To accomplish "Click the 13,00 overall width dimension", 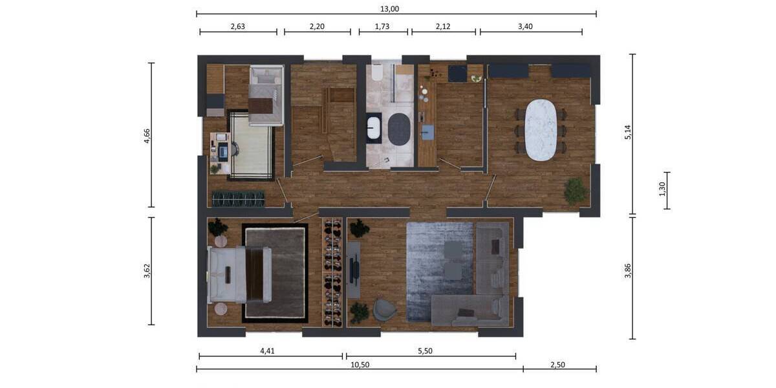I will pyautogui.click(x=391, y=8).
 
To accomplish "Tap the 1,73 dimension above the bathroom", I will pyautogui.click(x=383, y=27).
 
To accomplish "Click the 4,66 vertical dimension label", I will pyautogui.click(x=147, y=135).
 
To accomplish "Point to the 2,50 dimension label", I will pyautogui.click(x=557, y=365).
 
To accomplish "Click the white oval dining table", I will pyautogui.click(x=541, y=130).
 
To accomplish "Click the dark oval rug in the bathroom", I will pyautogui.click(x=398, y=129).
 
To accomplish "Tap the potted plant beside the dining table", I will pyautogui.click(x=575, y=191).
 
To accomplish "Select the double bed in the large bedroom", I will pyautogui.click(x=239, y=274).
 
